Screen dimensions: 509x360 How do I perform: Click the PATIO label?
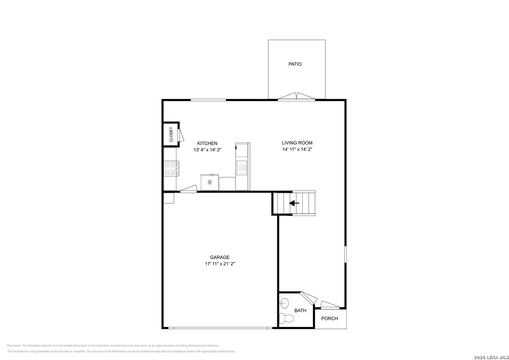click(x=295, y=64)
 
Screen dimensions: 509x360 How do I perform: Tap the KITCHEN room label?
click(x=207, y=143)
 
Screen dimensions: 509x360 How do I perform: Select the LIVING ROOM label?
click(x=297, y=143)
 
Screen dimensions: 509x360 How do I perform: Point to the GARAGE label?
click(x=220, y=257)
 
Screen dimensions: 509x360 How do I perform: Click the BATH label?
click(x=300, y=310)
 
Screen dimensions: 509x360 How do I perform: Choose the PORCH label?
click(x=329, y=318)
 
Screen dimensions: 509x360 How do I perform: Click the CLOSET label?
click(x=171, y=134)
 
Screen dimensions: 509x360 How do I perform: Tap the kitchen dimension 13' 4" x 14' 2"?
click(x=207, y=150)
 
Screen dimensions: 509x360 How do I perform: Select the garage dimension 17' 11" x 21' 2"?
click(x=220, y=264)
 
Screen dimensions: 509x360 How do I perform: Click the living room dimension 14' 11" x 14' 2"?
click(x=297, y=149)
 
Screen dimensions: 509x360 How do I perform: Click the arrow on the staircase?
click(x=294, y=203)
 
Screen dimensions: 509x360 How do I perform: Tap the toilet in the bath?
click(x=286, y=318)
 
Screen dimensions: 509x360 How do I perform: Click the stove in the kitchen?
click(x=171, y=169)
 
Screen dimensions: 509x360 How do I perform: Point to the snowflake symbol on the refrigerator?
click(x=210, y=182)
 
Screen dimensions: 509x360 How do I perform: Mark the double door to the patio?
click(x=296, y=96)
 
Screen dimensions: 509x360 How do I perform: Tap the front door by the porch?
click(x=330, y=305)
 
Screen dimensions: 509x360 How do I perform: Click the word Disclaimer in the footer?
click(x=14, y=345)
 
